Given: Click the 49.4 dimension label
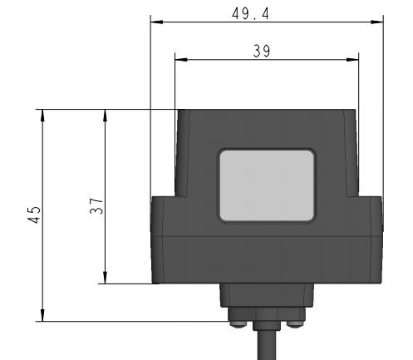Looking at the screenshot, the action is [x=250, y=13].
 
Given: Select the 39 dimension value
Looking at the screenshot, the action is [x=262, y=51].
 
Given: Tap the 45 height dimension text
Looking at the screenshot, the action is [x=34, y=215].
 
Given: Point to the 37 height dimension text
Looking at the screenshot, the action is [x=96, y=206].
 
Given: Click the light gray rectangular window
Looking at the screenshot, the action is [x=267, y=185].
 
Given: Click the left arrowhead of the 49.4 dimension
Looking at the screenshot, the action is [x=156, y=22].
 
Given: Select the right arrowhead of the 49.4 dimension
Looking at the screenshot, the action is [x=377, y=22].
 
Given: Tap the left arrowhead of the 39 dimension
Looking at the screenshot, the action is [x=181, y=60].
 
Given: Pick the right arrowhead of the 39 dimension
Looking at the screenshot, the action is [x=352, y=60].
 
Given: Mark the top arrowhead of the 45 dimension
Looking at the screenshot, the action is [x=42, y=116].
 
